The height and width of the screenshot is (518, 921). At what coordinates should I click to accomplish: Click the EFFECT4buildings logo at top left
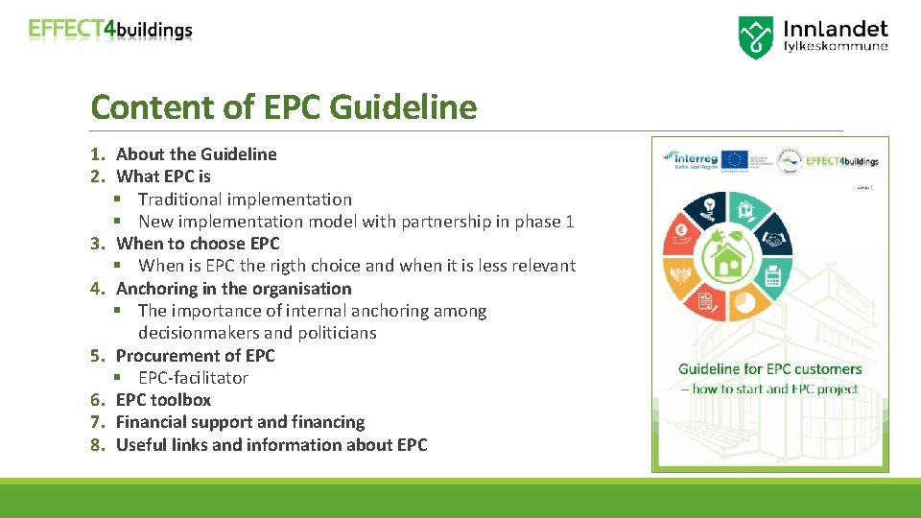(x=110, y=30)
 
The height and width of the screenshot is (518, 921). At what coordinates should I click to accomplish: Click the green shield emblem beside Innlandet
(x=755, y=37)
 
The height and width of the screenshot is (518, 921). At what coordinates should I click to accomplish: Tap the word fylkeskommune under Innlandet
(x=836, y=46)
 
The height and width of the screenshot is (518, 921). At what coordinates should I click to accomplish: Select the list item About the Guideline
(x=196, y=154)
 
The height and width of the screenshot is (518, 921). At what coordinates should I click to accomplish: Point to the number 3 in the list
(x=96, y=244)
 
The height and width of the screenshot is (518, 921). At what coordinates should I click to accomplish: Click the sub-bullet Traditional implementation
(x=245, y=200)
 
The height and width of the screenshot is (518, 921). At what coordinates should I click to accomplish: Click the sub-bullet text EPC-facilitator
(x=193, y=378)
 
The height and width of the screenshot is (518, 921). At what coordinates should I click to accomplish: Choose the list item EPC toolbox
(x=163, y=400)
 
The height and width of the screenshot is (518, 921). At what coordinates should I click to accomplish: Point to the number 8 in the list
(x=96, y=445)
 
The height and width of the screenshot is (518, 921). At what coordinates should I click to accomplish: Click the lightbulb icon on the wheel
(x=710, y=203)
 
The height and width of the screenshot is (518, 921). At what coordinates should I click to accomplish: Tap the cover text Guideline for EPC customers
(x=769, y=369)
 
